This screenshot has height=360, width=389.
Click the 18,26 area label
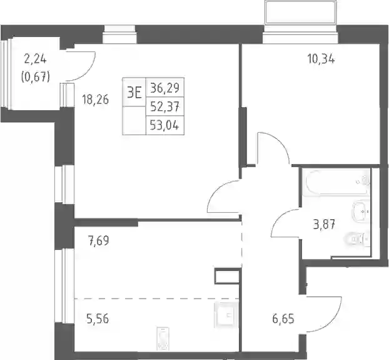(x=96, y=100)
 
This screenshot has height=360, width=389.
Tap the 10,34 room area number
(x=321, y=59)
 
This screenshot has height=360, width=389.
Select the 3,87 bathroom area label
(x=324, y=225)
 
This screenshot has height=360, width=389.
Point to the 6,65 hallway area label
(x=283, y=319)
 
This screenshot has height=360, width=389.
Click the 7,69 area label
(x=98, y=240)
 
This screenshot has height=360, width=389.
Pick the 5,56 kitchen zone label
(x=98, y=319)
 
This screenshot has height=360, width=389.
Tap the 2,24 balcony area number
(x=35, y=59)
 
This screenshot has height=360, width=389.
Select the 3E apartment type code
(x=134, y=93)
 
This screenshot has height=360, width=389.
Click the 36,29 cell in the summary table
(x=165, y=88)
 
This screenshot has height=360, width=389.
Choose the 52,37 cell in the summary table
(x=165, y=107)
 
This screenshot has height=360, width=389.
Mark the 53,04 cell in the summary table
(x=165, y=125)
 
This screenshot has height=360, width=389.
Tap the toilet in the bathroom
(x=358, y=239)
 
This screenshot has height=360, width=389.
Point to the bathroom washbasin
(x=361, y=212)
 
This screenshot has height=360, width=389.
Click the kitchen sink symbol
(x=225, y=316)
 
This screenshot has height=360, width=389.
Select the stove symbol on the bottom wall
(x=163, y=339)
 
